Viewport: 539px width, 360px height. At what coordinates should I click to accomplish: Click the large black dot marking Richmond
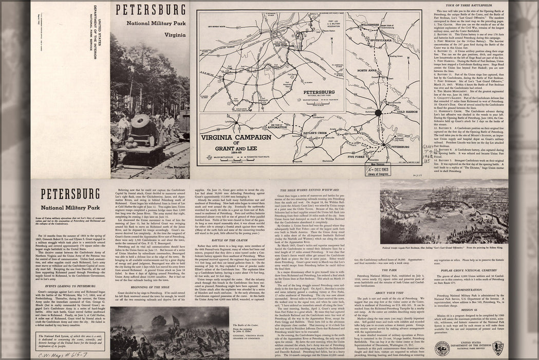(379, 112)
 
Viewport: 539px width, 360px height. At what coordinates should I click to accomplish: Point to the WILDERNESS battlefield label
(369, 24)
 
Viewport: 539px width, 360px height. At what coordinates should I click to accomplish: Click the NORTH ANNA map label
(368, 70)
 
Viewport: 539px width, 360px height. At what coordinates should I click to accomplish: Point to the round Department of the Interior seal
(442, 348)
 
